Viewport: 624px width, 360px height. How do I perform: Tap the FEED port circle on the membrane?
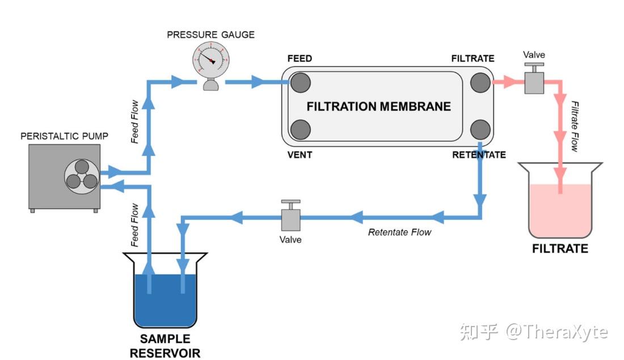[x=300, y=82]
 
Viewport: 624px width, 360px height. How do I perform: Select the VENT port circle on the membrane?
[x=300, y=129]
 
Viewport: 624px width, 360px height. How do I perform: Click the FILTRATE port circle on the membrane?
[x=480, y=82]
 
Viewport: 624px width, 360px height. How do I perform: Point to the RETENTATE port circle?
[x=480, y=129]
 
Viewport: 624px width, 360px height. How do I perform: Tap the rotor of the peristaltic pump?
[x=81, y=175]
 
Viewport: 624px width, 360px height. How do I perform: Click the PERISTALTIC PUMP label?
[x=64, y=136]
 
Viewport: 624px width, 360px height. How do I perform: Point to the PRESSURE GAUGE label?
[x=210, y=35]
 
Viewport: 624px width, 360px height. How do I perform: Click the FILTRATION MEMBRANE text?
[x=378, y=106]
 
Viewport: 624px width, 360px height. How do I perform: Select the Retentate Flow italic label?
[x=399, y=232]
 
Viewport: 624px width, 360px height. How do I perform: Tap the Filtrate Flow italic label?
[x=575, y=126]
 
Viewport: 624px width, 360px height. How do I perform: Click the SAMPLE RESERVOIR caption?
[x=165, y=346]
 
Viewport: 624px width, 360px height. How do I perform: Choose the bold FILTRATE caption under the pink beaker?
[x=560, y=248]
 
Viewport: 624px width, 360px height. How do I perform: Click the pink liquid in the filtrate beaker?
[x=560, y=210]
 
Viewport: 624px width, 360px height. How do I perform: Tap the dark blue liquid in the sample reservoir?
[x=165, y=300]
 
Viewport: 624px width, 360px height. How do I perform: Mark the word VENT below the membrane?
[x=300, y=154]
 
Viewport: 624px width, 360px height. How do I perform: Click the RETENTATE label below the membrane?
[x=479, y=155]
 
